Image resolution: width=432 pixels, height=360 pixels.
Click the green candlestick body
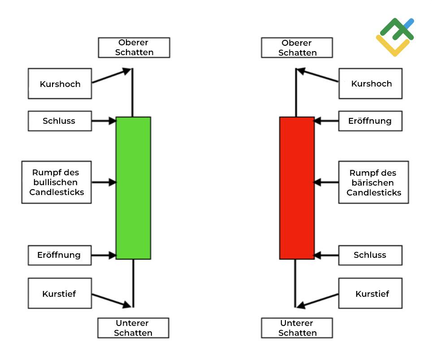pos(133,188)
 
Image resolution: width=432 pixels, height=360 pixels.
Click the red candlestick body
pos(297,188)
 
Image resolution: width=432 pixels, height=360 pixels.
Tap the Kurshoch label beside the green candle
pos(60,83)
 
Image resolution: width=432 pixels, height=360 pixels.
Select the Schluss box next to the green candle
pos(60,121)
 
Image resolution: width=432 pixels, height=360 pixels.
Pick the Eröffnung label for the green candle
pos(60,255)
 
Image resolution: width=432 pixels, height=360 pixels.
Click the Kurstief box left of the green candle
pos(60,293)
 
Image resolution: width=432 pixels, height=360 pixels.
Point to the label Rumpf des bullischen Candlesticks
pos(56,182)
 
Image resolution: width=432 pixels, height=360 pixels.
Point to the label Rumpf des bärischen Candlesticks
pos(373,182)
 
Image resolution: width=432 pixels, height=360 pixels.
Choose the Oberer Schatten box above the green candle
pos(134,48)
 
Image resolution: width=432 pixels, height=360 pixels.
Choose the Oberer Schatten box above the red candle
pos(297,48)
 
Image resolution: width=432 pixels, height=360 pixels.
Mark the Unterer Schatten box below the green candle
pos(133,328)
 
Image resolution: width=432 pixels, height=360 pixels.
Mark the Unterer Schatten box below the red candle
pos(297,328)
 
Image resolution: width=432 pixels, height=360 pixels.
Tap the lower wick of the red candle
pos(295,282)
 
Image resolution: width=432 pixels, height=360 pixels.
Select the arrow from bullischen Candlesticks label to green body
pos(104,182)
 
